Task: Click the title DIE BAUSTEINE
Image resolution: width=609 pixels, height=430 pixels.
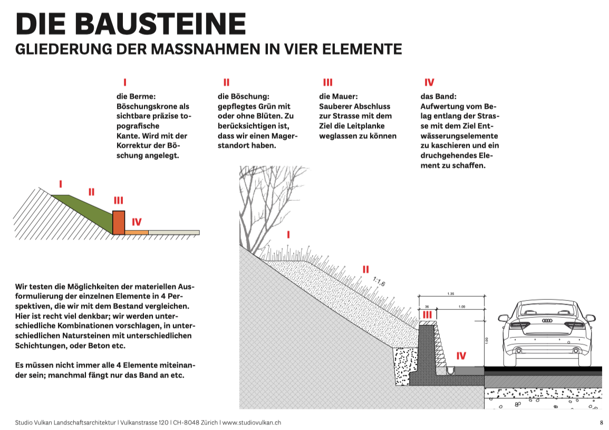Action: pyautogui.click(x=131, y=24)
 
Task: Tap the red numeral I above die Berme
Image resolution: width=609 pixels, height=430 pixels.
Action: pyautogui.click(x=125, y=82)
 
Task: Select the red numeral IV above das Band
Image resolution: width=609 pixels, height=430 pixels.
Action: pyautogui.click(x=429, y=82)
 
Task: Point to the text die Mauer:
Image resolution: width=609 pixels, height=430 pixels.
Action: pyautogui.click(x=339, y=96)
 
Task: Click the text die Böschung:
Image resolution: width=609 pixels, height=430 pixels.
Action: pyautogui.click(x=244, y=96)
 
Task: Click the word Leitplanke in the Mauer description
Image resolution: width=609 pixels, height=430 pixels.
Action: pyautogui.click(x=366, y=126)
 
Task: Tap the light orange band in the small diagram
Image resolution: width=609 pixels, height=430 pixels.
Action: pyautogui.click(x=137, y=232)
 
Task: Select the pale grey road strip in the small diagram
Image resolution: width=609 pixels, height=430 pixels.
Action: pyautogui.click(x=173, y=232)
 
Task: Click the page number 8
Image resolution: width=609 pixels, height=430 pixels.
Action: pyautogui.click(x=601, y=423)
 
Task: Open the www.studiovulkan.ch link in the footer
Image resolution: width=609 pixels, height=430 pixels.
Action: pyautogui.click(x=252, y=423)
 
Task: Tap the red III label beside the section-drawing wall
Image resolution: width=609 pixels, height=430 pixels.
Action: pyautogui.click(x=428, y=315)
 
